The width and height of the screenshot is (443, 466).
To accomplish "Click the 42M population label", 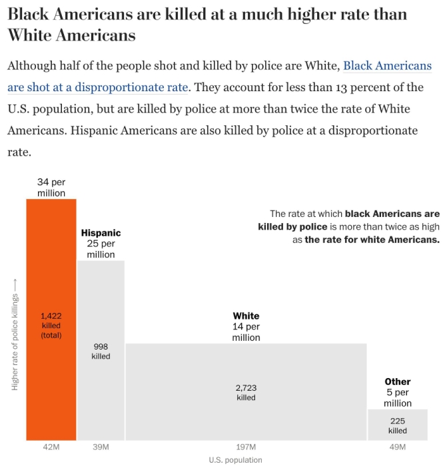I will (51, 447).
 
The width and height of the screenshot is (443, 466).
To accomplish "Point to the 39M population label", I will (101, 447).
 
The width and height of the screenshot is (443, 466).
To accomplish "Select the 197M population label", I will (246, 447).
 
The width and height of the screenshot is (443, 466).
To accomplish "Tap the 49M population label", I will (398, 447).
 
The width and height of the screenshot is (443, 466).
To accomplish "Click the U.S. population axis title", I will (235, 459).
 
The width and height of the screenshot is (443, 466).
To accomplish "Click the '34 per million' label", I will (51, 187).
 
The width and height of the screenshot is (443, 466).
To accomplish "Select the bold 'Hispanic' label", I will (101, 233).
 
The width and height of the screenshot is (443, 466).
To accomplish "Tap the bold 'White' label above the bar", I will (246, 316).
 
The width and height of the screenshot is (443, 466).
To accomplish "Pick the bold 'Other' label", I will (398, 381).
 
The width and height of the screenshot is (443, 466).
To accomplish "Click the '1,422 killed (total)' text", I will (51, 326).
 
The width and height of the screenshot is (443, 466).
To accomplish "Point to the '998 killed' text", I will (101, 351).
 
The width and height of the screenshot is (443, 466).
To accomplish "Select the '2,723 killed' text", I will (246, 392).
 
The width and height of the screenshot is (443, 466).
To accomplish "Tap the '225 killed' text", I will (398, 425).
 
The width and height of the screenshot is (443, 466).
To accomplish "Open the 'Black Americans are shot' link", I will (386, 66).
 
